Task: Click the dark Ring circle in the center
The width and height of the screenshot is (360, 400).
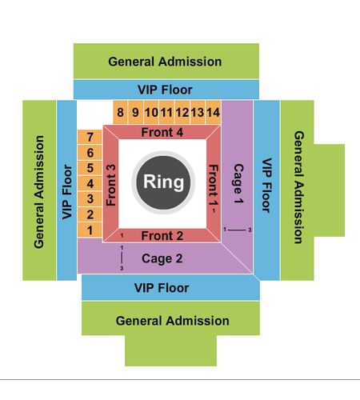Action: point(163,182)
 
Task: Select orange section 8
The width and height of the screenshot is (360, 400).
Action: point(120,112)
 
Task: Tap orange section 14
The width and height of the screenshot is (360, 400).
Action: point(214,112)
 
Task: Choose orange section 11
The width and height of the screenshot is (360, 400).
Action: point(166,112)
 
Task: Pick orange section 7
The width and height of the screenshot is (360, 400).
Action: point(90,137)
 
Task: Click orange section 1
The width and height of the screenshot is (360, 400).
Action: point(90,230)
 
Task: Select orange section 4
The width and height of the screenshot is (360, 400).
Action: point(90,183)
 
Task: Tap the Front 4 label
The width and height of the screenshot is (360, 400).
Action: point(162,132)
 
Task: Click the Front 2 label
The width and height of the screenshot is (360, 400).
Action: point(162,236)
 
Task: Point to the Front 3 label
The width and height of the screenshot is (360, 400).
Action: point(111,185)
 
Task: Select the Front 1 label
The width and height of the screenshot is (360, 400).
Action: point(214,185)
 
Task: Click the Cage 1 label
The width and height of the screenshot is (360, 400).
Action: point(238,183)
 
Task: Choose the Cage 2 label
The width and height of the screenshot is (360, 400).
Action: point(162,258)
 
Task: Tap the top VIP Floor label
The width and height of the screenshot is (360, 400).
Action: point(165,90)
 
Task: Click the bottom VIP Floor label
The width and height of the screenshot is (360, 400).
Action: point(162,288)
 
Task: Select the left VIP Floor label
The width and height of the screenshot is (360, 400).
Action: point(67,192)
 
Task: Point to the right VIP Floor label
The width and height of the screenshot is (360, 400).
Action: point(266,186)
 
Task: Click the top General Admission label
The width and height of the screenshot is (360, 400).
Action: point(165,62)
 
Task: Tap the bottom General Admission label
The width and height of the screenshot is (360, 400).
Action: point(173,321)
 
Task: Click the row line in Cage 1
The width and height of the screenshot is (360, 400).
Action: point(237,230)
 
